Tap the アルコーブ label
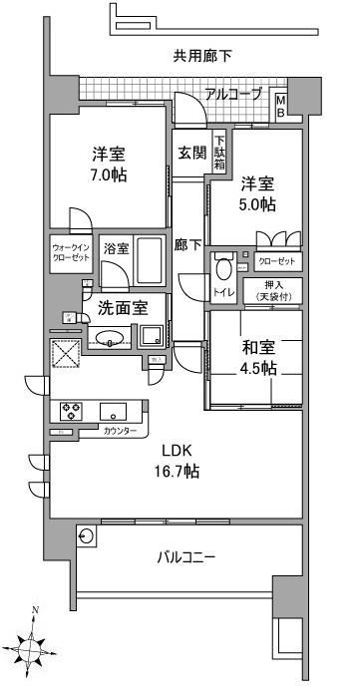pyautogui.click(x=233, y=95)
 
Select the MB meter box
pyautogui.click(x=281, y=106)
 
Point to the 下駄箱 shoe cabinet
pyautogui.click(x=219, y=153)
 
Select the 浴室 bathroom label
pyautogui.click(x=116, y=249)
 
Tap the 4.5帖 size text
pyautogui.click(x=258, y=368)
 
